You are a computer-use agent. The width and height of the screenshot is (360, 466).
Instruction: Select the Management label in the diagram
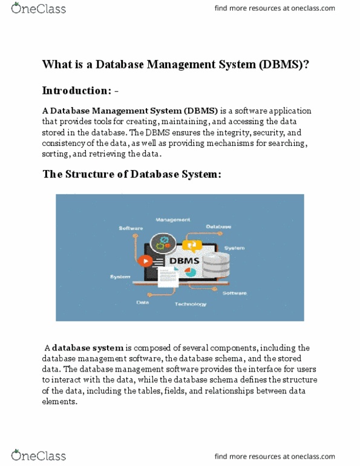(172, 219)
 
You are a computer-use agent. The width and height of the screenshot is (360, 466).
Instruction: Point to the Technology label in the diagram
(190, 304)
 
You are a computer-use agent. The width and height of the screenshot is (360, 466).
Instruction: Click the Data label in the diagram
(143, 302)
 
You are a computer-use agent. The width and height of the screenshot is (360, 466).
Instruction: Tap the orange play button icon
(145, 261)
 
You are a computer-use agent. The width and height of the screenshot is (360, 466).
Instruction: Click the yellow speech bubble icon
(192, 244)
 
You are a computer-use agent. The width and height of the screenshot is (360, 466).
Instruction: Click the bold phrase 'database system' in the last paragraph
(88, 348)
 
